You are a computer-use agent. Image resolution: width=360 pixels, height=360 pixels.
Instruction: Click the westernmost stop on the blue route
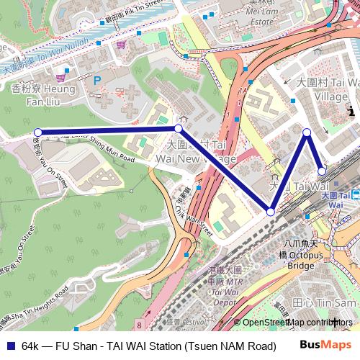(37, 132)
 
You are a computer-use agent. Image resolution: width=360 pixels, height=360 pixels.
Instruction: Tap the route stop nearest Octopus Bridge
(270, 212)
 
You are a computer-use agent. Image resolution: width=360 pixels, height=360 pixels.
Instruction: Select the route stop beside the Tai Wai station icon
(322, 171)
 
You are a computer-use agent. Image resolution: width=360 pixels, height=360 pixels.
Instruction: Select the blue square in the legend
(10, 345)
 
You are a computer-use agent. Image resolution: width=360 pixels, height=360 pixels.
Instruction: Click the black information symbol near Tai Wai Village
(351, 111)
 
